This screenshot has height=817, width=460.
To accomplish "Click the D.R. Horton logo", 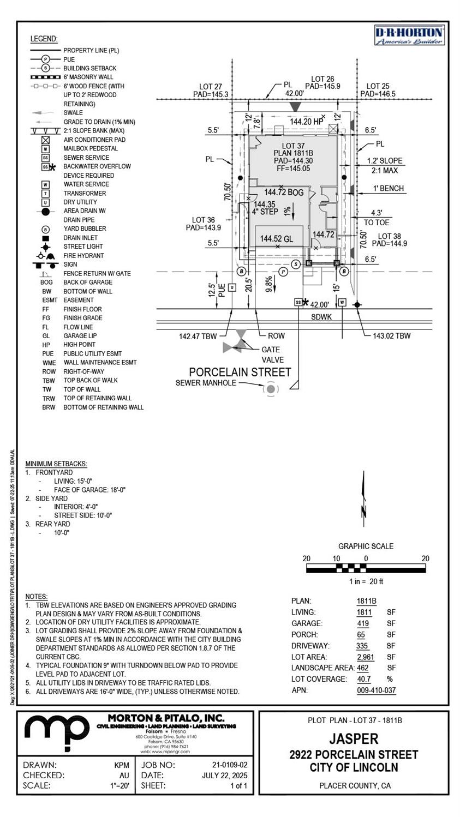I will pos(409,35).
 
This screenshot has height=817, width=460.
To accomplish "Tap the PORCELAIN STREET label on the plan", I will pos(240,373).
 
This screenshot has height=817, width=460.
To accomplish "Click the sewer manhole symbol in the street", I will pos(270,389).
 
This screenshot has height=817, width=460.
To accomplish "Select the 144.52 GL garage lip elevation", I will pos(276,238).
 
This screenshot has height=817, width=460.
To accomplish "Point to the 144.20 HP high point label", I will pos(307,122).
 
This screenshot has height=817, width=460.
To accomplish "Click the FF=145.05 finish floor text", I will pos(293,169).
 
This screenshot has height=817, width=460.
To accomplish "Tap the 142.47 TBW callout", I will pos(198,336).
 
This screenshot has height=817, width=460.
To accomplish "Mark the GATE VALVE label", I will pos(272,355).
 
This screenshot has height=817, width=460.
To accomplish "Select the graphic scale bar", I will pos(366,568).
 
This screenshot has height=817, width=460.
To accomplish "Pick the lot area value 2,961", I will pos(365,657).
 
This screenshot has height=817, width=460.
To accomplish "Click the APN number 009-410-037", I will pos(376,690).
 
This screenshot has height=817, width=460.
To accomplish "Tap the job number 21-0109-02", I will pos(229,765).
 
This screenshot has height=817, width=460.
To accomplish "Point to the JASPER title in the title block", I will pos(353,739).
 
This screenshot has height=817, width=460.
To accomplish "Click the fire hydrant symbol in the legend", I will pos(46,255).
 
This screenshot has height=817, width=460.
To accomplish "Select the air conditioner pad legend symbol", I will pos(46,140).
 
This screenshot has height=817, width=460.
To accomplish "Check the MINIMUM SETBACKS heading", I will pos(56,464).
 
